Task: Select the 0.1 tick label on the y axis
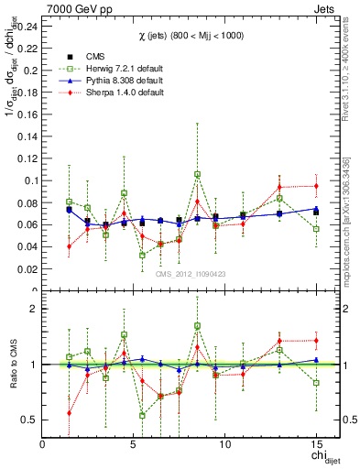[29, 180]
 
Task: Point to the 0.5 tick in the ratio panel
[29, 420]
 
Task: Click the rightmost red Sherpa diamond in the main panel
[316, 186]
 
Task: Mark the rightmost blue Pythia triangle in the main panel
[316, 209]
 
